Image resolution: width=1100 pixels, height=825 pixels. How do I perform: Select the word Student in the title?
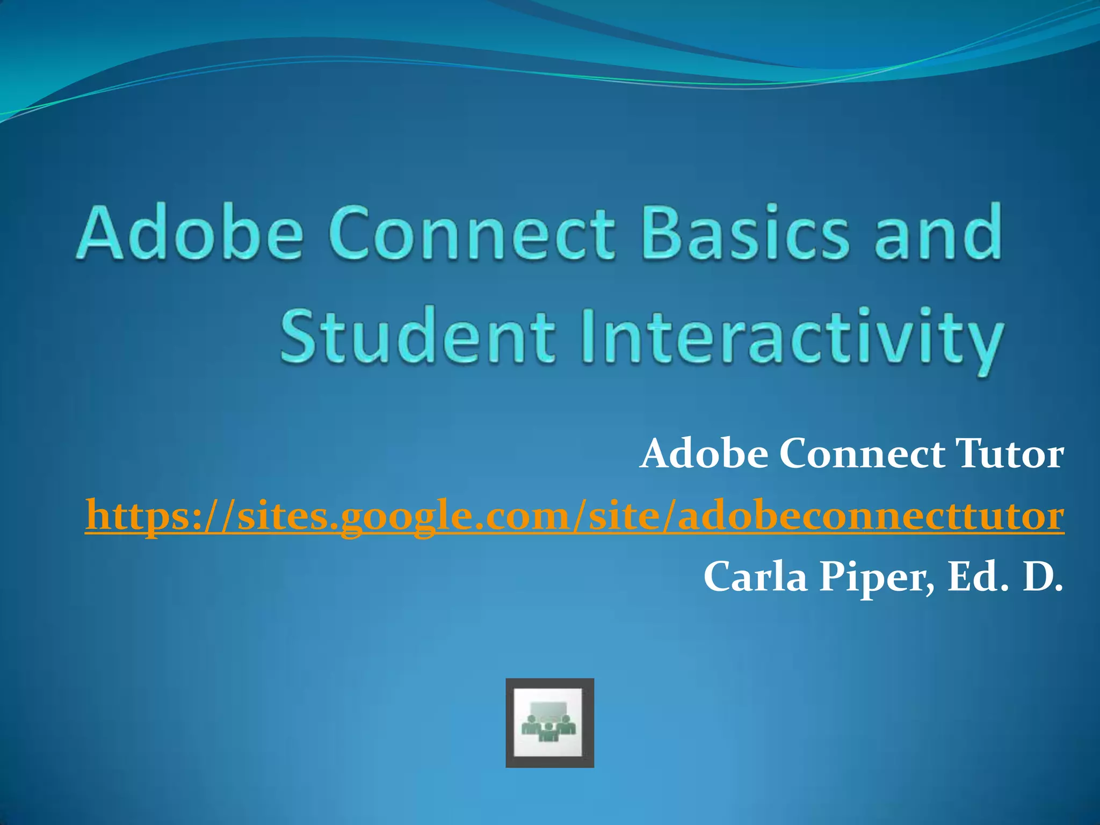416,335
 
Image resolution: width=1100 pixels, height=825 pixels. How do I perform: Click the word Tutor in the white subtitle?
1009,454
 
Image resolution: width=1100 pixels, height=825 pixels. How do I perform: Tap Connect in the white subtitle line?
862,454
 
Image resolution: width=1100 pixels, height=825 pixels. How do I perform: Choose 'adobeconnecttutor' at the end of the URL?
870,516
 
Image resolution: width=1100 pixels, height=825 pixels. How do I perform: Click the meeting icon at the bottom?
549,722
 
